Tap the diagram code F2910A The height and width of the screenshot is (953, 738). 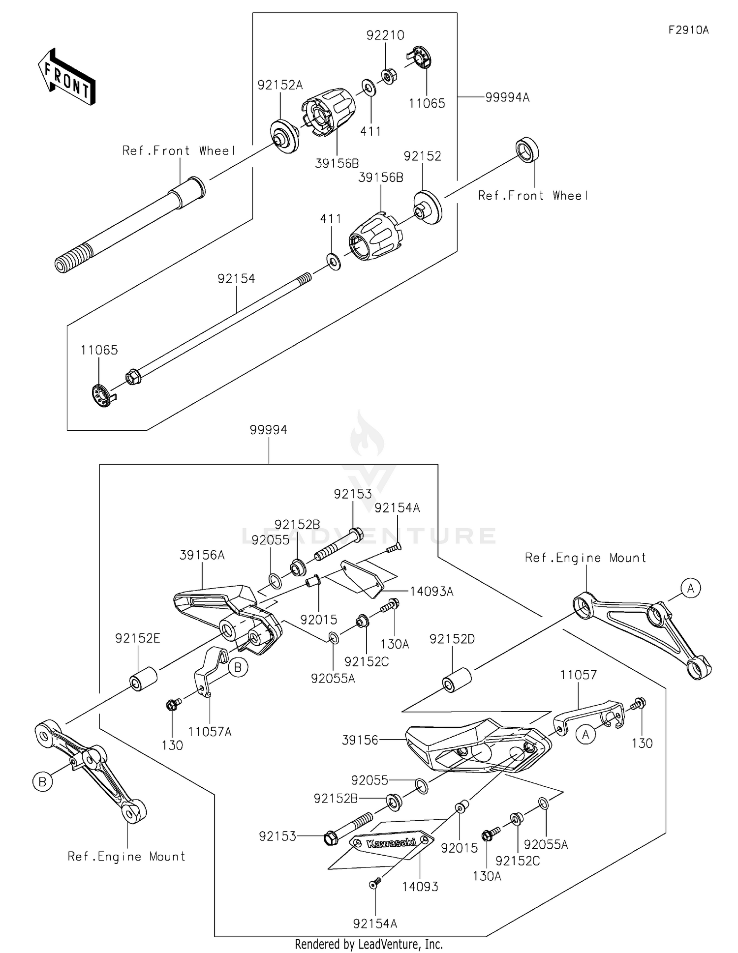coord(688,30)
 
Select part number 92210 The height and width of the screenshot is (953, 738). coord(385,35)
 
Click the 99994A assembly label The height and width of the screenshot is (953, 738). coord(507,97)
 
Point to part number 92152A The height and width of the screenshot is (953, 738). coord(280,85)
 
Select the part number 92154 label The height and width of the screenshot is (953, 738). coord(236,279)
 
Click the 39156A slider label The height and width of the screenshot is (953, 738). coord(202,555)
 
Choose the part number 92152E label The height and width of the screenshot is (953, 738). coord(138,638)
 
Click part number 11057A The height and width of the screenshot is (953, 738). coord(210,732)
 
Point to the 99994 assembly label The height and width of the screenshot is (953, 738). coord(268,430)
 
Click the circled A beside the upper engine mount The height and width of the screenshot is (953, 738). coord(690,588)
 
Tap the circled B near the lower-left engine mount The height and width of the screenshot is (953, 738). coord(42,781)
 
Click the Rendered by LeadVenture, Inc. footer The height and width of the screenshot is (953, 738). coord(369,944)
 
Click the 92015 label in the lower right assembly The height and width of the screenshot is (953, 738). coord(459,847)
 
